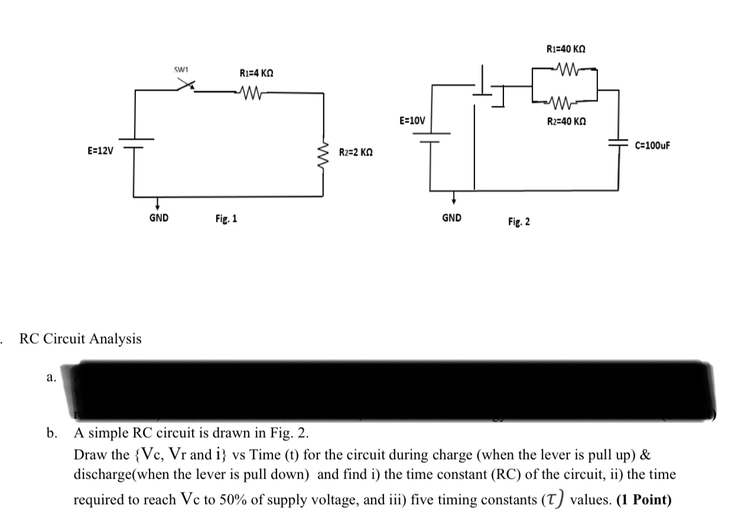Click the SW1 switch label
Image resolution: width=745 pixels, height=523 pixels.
tap(180, 70)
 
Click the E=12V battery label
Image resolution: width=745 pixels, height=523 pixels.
tap(100, 150)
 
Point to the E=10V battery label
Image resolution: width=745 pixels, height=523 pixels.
tap(412, 121)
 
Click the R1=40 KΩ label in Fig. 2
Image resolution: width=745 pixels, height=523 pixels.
tap(567, 49)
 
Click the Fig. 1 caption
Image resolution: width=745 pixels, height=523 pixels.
tap(226, 219)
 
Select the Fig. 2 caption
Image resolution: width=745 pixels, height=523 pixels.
tap(519, 222)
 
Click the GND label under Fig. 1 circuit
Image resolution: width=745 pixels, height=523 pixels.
tap(158, 218)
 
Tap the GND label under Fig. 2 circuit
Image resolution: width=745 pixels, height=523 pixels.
tap(452, 218)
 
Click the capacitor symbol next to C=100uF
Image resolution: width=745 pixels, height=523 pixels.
tap(619, 143)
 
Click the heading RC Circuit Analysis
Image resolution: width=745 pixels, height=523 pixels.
tap(80, 339)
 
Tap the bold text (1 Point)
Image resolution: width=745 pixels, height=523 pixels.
tap(643, 500)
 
